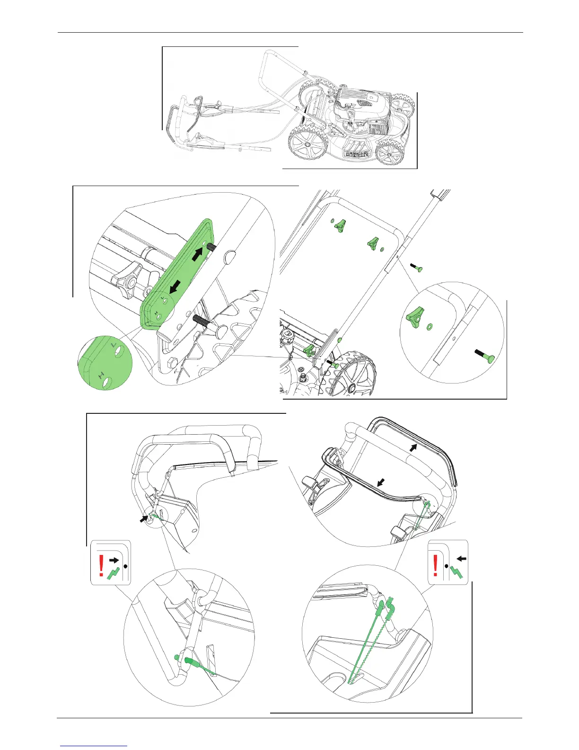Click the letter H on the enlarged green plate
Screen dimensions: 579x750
[101, 375]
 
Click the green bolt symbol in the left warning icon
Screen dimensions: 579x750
[114, 573]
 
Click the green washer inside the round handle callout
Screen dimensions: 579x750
[431, 326]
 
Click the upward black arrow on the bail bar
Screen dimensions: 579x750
[414, 447]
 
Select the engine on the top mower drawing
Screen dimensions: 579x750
[360, 111]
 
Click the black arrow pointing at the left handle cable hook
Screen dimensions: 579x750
[143, 519]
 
